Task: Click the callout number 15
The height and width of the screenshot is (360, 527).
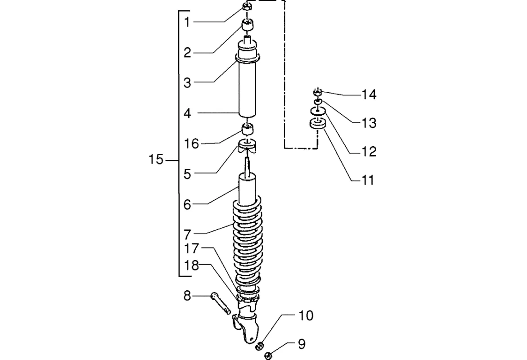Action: coord(156,159)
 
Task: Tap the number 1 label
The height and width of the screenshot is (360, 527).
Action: coord(187,22)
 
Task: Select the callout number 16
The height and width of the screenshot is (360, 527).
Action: coord(191,144)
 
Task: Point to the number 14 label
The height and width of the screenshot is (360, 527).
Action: coord(369,94)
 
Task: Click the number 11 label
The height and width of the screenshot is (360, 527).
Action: coord(368,180)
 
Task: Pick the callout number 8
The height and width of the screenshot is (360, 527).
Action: coord(187,296)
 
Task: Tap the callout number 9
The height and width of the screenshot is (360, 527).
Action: coord(302,344)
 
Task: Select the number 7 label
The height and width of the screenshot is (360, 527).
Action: coord(187,234)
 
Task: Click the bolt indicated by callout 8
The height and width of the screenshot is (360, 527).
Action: coord(220,303)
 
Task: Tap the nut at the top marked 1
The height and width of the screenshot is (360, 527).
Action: coord(247,6)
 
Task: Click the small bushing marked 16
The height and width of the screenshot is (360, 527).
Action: coord(247,129)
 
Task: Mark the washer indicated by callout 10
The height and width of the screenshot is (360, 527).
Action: coord(259,346)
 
